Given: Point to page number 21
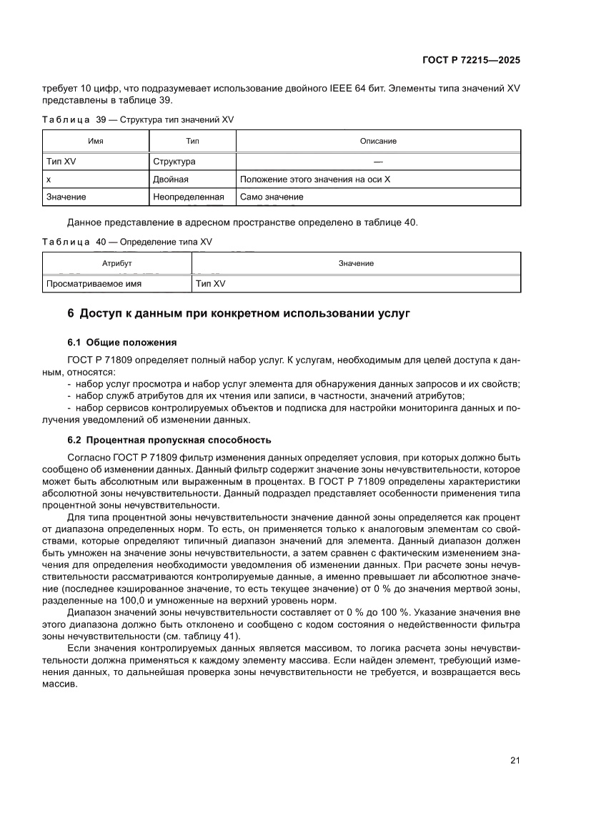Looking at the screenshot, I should (x=515, y=760).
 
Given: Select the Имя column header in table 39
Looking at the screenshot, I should (x=95, y=141).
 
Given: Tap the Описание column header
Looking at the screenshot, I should (x=378, y=141).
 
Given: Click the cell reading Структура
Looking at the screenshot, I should (x=174, y=162).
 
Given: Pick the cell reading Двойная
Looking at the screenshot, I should (x=171, y=179).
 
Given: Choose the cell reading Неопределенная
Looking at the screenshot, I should (x=189, y=197).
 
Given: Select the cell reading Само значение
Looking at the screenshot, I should (x=272, y=197).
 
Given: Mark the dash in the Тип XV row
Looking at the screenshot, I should (x=378, y=162).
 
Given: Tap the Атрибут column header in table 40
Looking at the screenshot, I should (x=117, y=263).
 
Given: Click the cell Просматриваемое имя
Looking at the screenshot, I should (x=94, y=283).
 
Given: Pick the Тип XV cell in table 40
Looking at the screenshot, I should (x=210, y=283).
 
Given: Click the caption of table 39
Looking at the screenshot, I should (x=138, y=119).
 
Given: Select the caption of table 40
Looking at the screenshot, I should (x=127, y=242).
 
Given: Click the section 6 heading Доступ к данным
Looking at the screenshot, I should (x=238, y=313).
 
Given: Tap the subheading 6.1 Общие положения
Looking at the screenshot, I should (x=121, y=342).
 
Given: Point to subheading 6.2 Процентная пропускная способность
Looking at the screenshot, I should (x=169, y=440).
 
